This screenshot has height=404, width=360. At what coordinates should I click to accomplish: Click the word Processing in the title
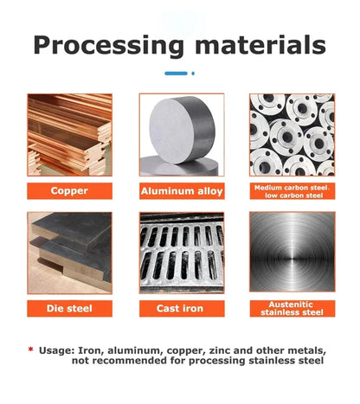[108, 46]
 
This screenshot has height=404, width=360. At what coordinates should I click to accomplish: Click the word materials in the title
[260, 45]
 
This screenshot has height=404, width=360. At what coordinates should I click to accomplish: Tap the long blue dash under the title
[176, 74]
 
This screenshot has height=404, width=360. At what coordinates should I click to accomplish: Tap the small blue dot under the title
[193, 74]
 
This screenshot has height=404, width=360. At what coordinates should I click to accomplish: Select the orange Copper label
[69, 191]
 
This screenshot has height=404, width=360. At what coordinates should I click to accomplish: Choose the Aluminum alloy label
[182, 191]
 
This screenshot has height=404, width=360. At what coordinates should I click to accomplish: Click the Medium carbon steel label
[292, 191]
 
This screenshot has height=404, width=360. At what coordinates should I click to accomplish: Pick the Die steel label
[69, 309]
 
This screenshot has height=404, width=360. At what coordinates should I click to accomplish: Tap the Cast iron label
[182, 309]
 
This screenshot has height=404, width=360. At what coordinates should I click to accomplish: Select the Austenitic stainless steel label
[292, 309]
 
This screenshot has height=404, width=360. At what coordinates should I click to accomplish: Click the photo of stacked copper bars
[69, 135]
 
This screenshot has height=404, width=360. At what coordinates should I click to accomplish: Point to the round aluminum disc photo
[182, 135]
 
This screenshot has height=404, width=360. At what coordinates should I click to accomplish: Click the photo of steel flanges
[292, 135]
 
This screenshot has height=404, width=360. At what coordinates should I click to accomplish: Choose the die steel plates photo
[69, 253]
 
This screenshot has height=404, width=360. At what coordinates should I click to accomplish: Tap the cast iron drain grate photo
[182, 253]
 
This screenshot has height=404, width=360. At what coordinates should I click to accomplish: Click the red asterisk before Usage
[30, 349]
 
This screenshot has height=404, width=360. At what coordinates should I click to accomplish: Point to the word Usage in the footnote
[56, 351]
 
